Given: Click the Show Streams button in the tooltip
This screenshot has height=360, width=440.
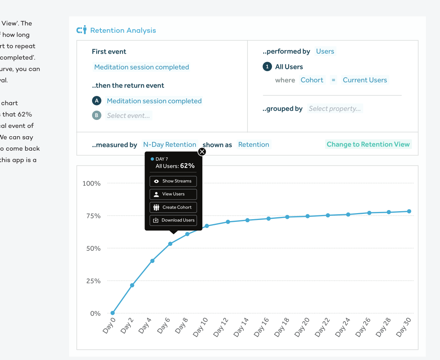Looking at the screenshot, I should point(173,181).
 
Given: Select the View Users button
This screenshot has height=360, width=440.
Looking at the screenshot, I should point(173,194).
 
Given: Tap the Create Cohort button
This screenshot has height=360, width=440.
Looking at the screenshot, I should point(173,207).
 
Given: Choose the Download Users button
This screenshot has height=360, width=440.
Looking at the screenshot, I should point(173,220).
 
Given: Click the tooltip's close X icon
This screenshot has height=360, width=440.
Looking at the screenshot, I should point(202,152).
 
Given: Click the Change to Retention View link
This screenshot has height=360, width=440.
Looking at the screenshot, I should point(368,144).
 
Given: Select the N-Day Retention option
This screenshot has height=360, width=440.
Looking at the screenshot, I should point(170,145).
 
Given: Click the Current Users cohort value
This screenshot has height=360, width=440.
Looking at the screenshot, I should point(365,80).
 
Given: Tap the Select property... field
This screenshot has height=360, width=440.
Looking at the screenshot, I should point(335,109).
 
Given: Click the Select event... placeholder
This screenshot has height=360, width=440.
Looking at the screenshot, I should point(129,116).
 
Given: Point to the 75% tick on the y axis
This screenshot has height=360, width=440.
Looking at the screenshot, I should point(92,216).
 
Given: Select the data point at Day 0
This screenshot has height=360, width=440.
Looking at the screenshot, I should point(113,313).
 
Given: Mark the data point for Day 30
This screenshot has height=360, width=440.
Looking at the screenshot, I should point(409,211).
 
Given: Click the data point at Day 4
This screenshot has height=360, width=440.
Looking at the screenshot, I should point(152,261).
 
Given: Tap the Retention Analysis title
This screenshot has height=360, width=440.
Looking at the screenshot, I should point(123,30).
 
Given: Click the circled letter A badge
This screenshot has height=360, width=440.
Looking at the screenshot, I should point(97,101).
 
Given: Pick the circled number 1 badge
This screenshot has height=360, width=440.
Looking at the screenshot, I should point(267,67).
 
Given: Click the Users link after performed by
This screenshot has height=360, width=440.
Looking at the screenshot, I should point(325,51).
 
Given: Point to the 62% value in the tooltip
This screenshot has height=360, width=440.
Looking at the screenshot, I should point(187,166).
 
